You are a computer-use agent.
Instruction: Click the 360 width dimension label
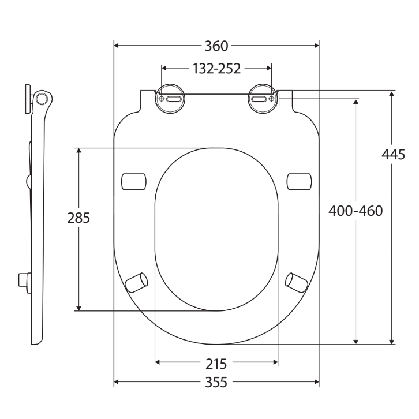point(216,46)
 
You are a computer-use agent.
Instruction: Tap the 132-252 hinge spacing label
point(216,69)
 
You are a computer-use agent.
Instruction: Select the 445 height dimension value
point(393,155)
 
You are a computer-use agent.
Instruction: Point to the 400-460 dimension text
point(356,211)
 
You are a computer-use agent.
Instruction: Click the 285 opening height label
point(78,218)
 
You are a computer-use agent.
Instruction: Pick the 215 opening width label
point(216,364)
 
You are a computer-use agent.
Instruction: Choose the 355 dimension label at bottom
point(216,383)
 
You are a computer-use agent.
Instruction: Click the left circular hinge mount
point(170,99)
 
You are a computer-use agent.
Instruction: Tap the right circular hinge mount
point(263,99)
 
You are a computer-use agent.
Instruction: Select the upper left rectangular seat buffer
point(134,182)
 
